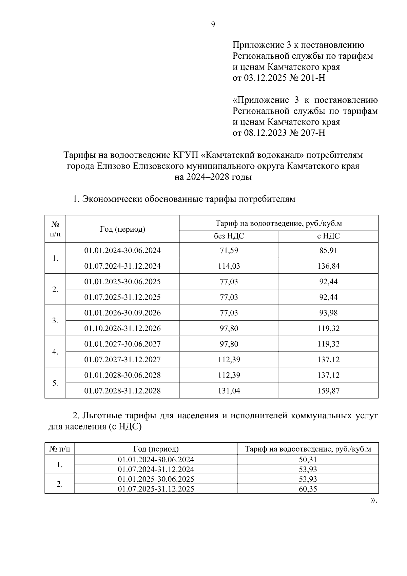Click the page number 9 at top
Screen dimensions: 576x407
(213, 24)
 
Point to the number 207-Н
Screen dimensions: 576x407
(312, 133)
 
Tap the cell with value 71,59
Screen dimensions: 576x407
(229, 251)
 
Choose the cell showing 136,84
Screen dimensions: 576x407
(328, 266)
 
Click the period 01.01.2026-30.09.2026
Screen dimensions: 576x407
(122, 313)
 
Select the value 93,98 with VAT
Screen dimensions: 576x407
(328, 313)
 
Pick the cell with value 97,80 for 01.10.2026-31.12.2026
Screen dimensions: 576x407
(229, 328)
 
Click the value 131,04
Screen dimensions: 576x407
(229, 391)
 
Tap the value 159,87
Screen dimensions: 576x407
(328, 391)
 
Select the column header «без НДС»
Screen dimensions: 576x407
(229, 236)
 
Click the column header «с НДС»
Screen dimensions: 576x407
(328, 236)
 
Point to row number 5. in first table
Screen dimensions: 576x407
(55, 383)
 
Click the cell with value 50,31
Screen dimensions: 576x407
(308, 460)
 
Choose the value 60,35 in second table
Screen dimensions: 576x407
(308, 489)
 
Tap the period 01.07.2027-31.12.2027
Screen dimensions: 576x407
(122, 360)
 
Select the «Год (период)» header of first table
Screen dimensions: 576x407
(122, 229)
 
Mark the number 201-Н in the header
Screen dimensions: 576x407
(312, 78)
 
